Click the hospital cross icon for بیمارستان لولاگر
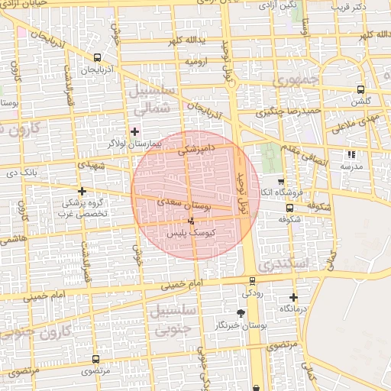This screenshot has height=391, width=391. (135, 131)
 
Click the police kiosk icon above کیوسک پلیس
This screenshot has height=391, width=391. (191, 220)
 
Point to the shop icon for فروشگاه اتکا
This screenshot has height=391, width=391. (281, 182)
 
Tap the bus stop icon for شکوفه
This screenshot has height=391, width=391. (289, 207)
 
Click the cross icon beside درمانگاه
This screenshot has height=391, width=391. (293, 297)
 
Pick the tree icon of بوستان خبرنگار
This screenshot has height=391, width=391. (242, 313)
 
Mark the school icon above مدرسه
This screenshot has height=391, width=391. (352, 154)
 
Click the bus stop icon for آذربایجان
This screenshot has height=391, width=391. (96, 57)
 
